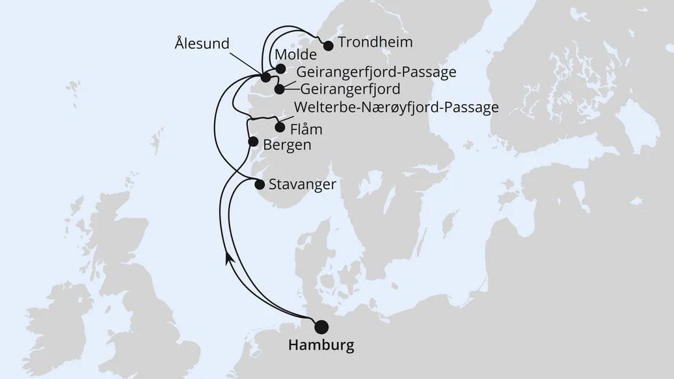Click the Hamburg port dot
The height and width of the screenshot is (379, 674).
coord(321,326)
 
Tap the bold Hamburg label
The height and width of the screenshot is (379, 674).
coord(322,345)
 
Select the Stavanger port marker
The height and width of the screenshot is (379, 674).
coord(260,184)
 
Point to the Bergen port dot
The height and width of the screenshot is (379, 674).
coord(253,140)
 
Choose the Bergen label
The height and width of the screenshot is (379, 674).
coord(287,144)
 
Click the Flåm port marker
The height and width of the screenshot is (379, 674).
coord(280,127)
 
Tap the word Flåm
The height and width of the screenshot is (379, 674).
coord(307,129)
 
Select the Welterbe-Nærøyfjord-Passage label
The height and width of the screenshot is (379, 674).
coord(396,107)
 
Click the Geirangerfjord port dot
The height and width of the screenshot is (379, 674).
coord(280,89)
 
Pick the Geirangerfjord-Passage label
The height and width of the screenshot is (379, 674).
coord(376,72)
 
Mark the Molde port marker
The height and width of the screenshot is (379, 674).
coord(280,68)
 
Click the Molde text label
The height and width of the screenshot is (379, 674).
coord(296,54)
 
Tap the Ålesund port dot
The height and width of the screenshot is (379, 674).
coord(265,78)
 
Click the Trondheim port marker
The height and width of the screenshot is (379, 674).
coord(328,46)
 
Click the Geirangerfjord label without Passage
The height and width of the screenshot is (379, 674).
coord(350,88)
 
